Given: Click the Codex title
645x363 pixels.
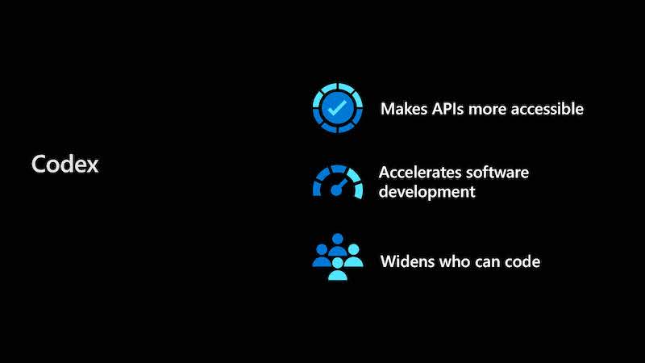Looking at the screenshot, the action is (65, 164).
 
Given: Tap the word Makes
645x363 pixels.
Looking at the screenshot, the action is (404, 109).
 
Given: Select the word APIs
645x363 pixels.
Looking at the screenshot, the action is (447, 109).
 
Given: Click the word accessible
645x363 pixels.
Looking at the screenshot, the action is (547, 109).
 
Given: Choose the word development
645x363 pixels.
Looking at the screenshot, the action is (427, 192).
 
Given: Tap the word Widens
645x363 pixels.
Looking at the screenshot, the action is (407, 261).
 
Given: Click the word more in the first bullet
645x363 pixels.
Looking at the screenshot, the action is (488, 110).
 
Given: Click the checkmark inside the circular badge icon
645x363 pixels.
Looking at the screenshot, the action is (337, 108).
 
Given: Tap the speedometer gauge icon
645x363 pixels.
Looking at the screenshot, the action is (338, 182).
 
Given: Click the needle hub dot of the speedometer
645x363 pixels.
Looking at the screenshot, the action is (336, 190).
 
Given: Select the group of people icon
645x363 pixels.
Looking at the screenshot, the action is (338, 257).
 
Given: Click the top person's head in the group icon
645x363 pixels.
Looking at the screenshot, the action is (338, 239).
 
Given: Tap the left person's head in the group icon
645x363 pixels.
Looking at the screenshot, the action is (322, 249).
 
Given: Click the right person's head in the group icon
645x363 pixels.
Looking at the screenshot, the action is (353, 249).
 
